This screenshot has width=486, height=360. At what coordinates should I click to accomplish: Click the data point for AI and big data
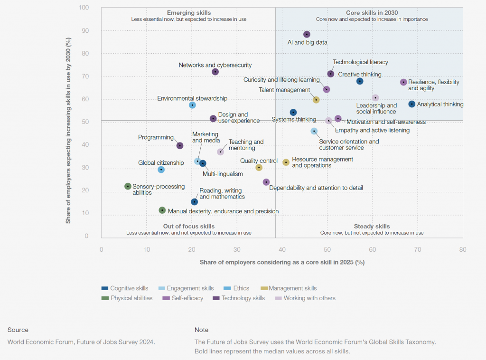[x=307, y=34]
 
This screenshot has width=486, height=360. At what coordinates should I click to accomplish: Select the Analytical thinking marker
[x=412, y=104]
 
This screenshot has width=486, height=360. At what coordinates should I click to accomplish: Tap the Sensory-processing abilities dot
[x=128, y=186]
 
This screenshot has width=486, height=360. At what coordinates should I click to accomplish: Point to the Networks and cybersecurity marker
[x=215, y=72]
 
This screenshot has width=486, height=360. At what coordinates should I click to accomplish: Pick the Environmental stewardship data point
[x=192, y=105]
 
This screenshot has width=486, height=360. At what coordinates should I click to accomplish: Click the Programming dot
[x=180, y=145]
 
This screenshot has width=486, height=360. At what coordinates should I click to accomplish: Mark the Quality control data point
[x=259, y=168]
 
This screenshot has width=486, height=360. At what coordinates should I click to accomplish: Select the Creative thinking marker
[x=360, y=81]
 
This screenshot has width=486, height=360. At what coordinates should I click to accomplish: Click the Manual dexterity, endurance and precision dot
[x=162, y=210]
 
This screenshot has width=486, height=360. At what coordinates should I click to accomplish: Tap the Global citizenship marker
[x=161, y=170]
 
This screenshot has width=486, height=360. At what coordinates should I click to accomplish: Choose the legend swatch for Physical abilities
[x=105, y=298]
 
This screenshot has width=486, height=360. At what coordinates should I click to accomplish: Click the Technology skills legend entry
[x=243, y=298]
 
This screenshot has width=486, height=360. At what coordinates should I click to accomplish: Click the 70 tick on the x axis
[x=418, y=249]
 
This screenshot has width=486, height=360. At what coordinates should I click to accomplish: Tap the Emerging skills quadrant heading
[x=189, y=13]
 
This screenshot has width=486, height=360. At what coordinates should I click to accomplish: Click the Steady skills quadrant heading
[x=372, y=227]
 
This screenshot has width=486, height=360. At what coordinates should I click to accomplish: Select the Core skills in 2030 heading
[x=372, y=13]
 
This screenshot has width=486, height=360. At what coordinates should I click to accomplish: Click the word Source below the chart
[x=18, y=330]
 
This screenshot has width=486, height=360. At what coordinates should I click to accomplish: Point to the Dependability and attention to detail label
[x=316, y=188]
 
